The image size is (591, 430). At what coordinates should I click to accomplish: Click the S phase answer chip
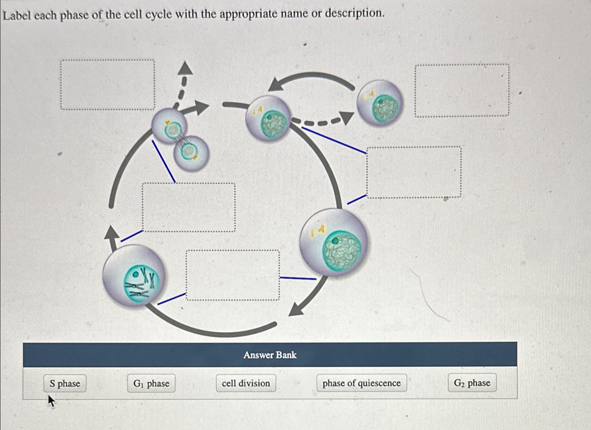click(65, 383)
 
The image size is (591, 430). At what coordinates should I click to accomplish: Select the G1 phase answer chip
click(151, 383)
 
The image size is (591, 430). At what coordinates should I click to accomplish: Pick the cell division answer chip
click(246, 383)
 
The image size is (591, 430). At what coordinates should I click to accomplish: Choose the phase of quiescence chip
click(361, 383)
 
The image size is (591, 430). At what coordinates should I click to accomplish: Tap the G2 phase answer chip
click(472, 383)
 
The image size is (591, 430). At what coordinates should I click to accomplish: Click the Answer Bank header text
click(270, 355)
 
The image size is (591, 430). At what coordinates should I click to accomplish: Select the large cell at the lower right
click(333, 242)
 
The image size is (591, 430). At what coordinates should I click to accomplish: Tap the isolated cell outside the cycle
click(380, 103)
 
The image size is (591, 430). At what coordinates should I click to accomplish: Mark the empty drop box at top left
click(108, 85)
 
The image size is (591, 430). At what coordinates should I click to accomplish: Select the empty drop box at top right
click(462, 90)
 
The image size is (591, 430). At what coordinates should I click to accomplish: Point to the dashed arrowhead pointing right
click(347, 118)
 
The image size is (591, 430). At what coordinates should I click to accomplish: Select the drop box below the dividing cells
click(189, 207)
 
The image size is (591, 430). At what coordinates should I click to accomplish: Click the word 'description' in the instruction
click(353, 14)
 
